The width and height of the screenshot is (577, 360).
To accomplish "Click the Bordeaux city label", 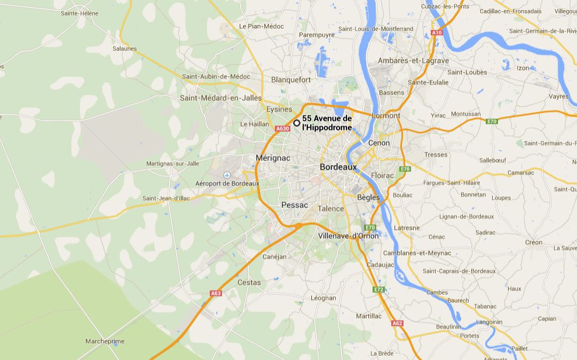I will coord(338,167).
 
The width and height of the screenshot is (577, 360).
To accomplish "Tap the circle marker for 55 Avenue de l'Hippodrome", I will coord(297,123).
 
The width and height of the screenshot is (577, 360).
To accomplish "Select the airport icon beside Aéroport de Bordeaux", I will coord(227,175).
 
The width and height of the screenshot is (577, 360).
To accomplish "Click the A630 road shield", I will coord(282,129).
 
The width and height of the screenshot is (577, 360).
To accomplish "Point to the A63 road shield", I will coord(216,293).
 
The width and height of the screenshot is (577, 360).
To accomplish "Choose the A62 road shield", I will coord(397,323).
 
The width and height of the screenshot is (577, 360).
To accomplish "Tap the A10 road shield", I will coord(437,33).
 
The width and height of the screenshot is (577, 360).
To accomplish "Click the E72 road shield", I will coord(378,289).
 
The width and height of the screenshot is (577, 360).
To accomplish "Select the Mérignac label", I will coord(273,158).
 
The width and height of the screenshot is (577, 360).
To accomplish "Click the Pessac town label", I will coord(295,205).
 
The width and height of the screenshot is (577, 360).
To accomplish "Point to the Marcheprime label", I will coord(105,341).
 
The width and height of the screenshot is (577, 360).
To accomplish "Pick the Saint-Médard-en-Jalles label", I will coord(221,98).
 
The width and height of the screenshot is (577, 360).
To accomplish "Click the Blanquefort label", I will coord(291,80).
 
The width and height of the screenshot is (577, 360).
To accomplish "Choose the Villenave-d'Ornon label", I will coord(348,236).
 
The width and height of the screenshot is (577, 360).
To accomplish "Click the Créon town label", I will coord(534,242).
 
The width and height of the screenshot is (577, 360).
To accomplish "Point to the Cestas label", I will coord(249,282).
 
